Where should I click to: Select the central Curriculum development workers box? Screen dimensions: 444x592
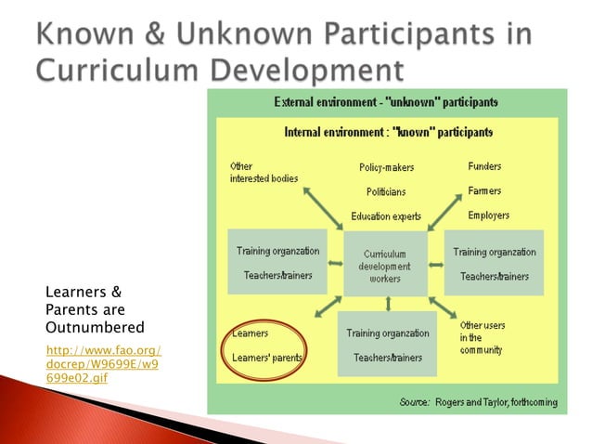(x=385, y=265)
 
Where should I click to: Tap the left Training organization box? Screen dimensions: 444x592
(x=277, y=263)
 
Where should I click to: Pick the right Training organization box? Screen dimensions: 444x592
(x=494, y=263)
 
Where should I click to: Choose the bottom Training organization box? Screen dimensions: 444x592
(x=387, y=344)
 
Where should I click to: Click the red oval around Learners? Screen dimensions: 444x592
(x=267, y=345)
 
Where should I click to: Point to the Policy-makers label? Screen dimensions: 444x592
(x=386, y=167)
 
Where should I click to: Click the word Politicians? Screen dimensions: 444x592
(x=386, y=191)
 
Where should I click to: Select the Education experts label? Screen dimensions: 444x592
(x=386, y=215)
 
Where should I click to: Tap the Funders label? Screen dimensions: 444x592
(x=484, y=166)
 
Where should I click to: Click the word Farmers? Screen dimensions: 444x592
(x=484, y=190)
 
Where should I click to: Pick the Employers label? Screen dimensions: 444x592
(x=488, y=215)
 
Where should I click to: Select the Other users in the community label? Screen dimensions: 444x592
(x=483, y=337)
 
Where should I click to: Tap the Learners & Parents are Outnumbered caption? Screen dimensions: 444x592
(x=95, y=309)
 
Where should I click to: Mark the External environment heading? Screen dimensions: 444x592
(x=385, y=100)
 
